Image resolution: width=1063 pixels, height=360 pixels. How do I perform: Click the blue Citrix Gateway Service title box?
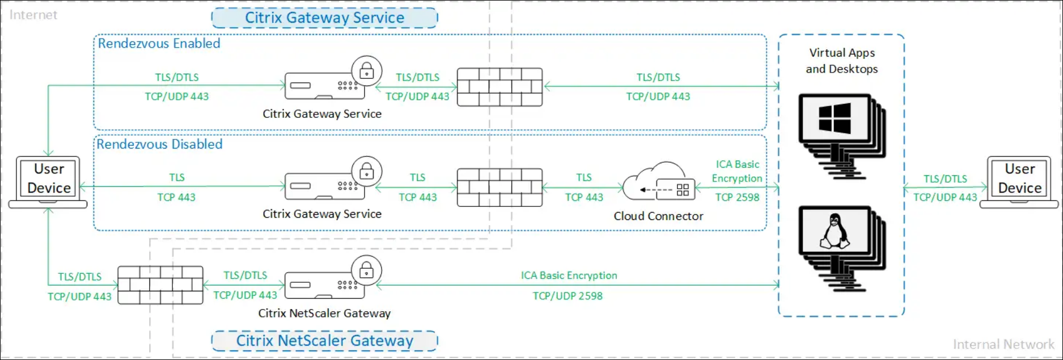(x=324, y=18)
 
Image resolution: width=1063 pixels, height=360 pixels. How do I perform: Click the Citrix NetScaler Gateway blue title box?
(x=324, y=341)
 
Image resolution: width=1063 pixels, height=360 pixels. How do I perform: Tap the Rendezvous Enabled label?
(x=159, y=44)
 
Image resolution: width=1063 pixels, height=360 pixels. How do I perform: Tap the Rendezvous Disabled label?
(x=159, y=145)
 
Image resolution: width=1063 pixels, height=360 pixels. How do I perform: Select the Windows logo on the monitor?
(x=835, y=118)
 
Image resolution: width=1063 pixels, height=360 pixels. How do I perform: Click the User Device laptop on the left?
(x=49, y=181)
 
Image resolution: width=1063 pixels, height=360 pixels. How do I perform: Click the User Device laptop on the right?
(x=1019, y=181)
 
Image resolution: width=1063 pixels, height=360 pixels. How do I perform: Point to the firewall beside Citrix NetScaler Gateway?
(x=160, y=285)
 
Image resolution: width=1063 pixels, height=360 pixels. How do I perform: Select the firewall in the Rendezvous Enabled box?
(x=499, y=87)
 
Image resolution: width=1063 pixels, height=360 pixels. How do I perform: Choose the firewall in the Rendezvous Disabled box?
(x=499, y=188)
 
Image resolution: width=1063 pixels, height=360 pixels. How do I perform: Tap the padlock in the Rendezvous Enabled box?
(x=367, y=71)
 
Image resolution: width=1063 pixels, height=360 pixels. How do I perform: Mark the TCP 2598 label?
(x=737, y=197)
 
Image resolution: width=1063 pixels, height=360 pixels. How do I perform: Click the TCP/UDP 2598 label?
(x=568, y=296)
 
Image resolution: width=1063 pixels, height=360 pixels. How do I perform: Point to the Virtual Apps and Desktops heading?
(x=842, y=61)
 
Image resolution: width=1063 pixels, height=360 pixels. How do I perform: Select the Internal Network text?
(x=1003, y=344)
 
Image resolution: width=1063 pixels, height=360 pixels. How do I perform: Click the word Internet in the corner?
(x=33, y=15)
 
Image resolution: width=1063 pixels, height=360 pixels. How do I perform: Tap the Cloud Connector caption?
(x=658, y=216)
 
